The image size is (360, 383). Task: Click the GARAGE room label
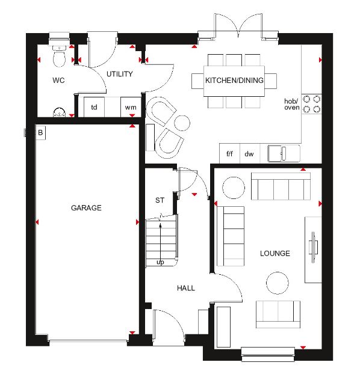pyautogui.click(x=86, y=208)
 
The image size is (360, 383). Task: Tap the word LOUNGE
pyautogui.click(x=275, y=253)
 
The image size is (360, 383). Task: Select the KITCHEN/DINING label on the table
pyautogui.click(x=234, y=80)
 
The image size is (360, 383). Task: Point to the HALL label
pyautogui.click(x=186, y=288)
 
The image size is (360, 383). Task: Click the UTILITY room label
pyautogui.click(x=120, y=74)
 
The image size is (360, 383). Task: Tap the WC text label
pyautogui.click(x=58, y=80)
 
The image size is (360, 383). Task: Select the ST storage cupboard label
pyautogui.click(x=160, y=200)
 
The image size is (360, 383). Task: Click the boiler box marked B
pyautogui.click(x=40, y=133)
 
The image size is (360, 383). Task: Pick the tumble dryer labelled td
pyautogui.click(x=94, y=107)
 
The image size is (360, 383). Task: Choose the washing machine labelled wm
pyautogui.click(x=131, y=107)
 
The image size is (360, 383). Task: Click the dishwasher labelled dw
pyautogui.click(x=249, y=154)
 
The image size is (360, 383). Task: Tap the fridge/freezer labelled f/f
pyautogui.click(x=229, y=154)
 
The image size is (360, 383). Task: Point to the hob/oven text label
pyautogui.click(x=292, y=104)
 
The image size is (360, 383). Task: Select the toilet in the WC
pyautogui.click(x=59, y=56)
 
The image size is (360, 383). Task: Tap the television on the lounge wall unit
pyautogui.click(x=313, y=247)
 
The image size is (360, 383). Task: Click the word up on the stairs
pyautogui.click(x=160, y=262)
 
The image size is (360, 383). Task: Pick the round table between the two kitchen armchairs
pyautogui.click(x=182, y=123)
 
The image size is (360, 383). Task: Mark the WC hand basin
pyautogui.click(x=60, y=112)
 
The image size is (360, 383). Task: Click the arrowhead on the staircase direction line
pyautogui.click(x=160, y=225)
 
